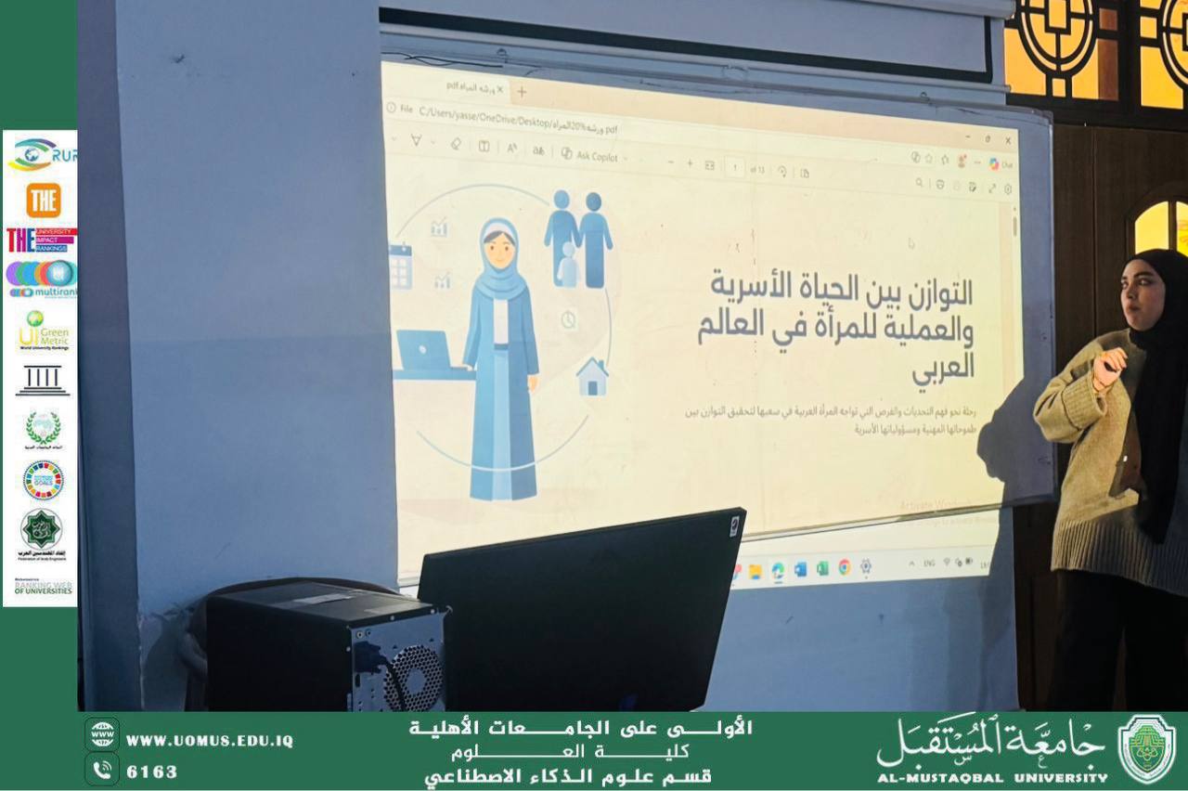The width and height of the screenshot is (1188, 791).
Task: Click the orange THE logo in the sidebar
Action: [43, 201]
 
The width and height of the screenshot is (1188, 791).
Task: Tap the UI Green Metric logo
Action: [43, 331]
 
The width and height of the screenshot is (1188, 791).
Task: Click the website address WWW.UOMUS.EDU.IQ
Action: [210, 741]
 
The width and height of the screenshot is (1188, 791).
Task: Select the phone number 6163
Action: [151, 772]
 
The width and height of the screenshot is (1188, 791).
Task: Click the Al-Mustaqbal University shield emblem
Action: [1146, 748]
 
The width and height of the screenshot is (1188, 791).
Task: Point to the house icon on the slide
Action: [592, 377]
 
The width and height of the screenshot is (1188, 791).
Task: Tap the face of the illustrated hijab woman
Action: [499, 249]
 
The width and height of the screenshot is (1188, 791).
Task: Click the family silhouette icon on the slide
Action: [577, 240]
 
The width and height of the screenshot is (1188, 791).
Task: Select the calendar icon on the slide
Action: [400, 266]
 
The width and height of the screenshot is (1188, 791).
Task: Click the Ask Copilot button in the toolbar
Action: [589, 155]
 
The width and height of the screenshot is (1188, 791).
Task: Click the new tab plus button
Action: [522, 91]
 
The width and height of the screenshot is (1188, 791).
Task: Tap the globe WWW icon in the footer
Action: [101, 733]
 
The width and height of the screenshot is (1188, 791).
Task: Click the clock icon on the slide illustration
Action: [568, 319]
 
